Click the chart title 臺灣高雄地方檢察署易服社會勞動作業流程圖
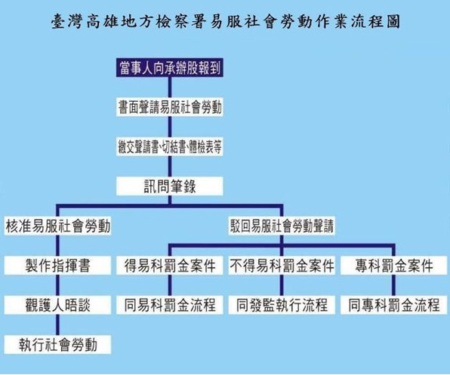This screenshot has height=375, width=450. pos(226,21)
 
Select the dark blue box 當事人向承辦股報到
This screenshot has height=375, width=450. pos(170,68)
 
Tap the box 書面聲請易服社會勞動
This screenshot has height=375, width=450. pos(170,107)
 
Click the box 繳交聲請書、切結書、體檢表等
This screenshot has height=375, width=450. pos(170,146)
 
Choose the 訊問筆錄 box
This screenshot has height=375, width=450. pos(170,186)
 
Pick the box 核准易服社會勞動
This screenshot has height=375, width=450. pos(57,226)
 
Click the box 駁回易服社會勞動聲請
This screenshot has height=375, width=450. pos(282,226)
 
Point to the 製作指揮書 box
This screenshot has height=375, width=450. pos(57,265)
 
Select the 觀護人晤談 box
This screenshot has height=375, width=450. pos(57,305)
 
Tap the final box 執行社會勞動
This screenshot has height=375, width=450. pos(57,344)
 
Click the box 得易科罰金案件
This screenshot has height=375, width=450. pos(170,265)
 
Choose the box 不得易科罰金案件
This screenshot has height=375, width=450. pos(282,265)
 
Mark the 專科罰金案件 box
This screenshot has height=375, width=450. pos(394,265)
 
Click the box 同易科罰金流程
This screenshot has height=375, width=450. pos(170,305)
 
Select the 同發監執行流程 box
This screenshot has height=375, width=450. pos(282,305)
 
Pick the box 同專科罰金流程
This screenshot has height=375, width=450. pos(394,305)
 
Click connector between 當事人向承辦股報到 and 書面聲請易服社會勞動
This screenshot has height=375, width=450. pos(170,88)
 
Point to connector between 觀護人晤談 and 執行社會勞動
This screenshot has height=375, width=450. pos(57,324)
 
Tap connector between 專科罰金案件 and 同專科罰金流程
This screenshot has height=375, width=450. pos(394,285)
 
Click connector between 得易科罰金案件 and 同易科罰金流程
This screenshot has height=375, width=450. pos(170,285)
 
